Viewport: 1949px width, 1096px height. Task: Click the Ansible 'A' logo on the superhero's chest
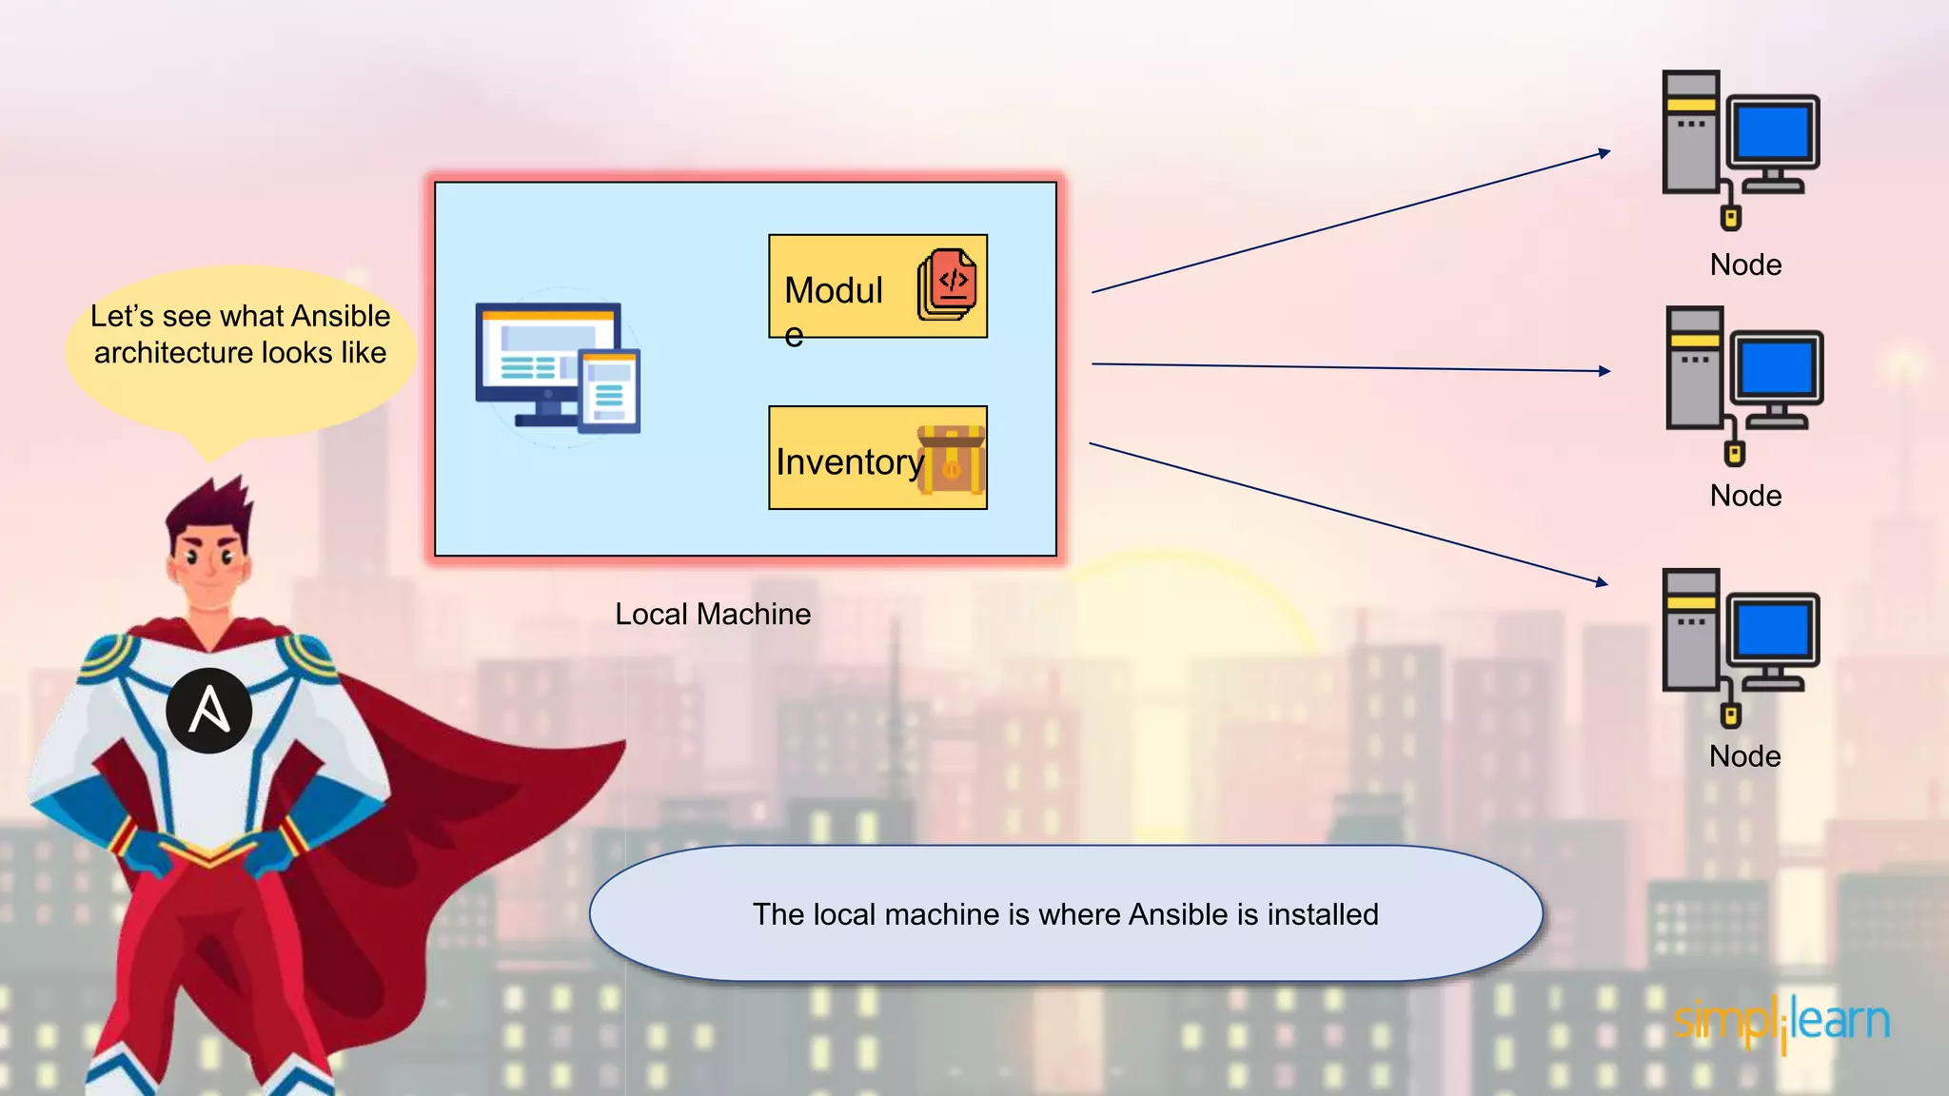pos(208,710)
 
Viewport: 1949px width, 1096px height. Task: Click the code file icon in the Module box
pos(948,284)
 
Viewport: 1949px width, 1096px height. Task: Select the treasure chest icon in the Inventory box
pos(951,460)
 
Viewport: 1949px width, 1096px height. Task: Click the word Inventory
pos(849,461)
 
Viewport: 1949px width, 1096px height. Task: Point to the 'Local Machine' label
pos(713,614)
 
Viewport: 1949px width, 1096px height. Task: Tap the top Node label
pos(1745,264)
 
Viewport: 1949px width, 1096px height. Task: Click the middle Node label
pos(1745,496)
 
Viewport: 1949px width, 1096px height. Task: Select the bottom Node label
pos(1744,756)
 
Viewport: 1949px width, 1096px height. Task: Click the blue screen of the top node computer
pos(1772,131)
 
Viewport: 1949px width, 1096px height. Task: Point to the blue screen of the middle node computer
pos(1776,367)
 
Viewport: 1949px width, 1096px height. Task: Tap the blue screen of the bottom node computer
pos(1772,629)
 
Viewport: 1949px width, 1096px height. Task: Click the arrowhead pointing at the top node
pos(1604,152)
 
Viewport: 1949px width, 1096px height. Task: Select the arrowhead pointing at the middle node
pos(1605,371)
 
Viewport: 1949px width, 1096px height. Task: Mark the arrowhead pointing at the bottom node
pos(1603,582)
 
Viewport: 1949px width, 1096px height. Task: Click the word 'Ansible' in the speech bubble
pos(341,316)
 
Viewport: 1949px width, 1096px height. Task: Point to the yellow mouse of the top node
pos(1731,219)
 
